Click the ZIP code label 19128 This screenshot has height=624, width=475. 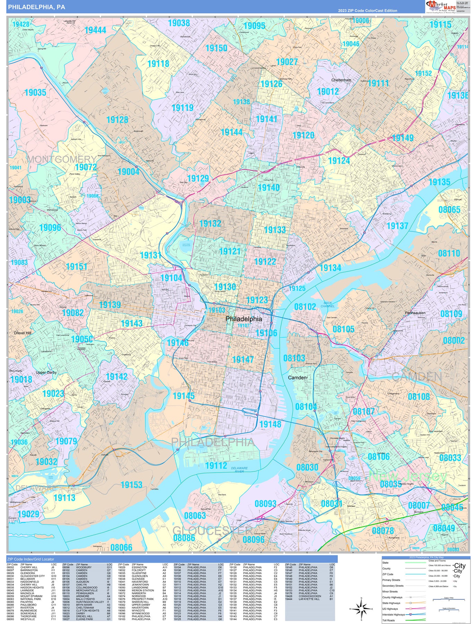[117, 120]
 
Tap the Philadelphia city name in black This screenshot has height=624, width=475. [244, 319]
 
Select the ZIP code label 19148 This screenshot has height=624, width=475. [270, 424]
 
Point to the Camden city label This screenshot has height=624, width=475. [297, 378]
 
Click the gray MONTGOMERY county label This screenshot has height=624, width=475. [62, 159]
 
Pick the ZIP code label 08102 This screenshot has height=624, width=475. [305, 307]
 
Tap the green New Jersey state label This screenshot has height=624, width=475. [407, 476]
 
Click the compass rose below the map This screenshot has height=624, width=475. [361, 609]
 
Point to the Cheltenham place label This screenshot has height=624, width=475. [341, 80]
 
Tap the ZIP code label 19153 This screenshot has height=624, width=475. [131, 485]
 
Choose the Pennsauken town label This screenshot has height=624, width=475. [415, 313]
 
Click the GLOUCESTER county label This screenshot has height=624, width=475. [212, 530]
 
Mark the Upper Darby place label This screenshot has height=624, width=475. [46, 372]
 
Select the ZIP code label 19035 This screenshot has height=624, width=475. [35, 93]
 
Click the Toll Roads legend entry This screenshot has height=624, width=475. [388, 621]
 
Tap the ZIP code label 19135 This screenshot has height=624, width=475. [439, 182]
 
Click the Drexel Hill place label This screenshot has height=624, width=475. [23, 333]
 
